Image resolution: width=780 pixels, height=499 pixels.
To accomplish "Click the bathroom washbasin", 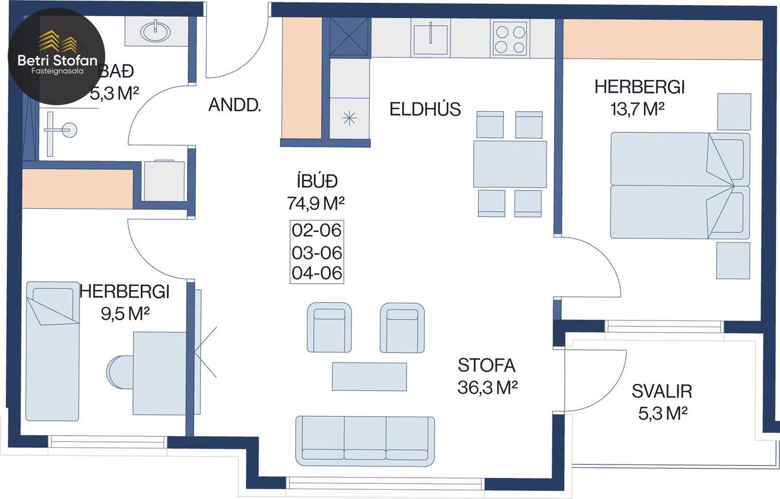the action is pos(155,31).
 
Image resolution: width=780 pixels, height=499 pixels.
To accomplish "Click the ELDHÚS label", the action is pos(425,109).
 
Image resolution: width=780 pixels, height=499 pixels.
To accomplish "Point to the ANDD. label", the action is pos(235,105).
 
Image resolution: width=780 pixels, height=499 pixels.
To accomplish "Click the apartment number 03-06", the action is pos(317,253).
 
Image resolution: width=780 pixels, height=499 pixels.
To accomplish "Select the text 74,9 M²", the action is pos(315,203).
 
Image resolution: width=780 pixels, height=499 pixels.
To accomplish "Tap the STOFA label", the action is pos(486,365).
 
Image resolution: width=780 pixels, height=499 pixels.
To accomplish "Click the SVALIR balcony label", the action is pos(661,391).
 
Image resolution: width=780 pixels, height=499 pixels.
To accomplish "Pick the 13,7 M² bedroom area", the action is pos(637,109).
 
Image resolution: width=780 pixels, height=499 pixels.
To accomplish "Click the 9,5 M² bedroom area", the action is pos(125,314).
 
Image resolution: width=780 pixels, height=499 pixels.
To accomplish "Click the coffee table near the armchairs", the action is pos(369,376).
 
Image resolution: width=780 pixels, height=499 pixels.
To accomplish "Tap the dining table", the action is pos(510,164).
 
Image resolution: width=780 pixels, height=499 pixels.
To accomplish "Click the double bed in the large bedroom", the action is pos(680,185).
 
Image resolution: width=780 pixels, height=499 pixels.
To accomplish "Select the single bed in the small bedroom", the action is pos(52,351).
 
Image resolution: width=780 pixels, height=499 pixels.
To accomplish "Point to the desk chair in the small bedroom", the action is pos(120,372).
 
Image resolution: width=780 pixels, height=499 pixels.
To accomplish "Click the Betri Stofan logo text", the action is pos(58,60).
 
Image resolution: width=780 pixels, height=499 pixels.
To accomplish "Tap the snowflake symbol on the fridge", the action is pos(349,119).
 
